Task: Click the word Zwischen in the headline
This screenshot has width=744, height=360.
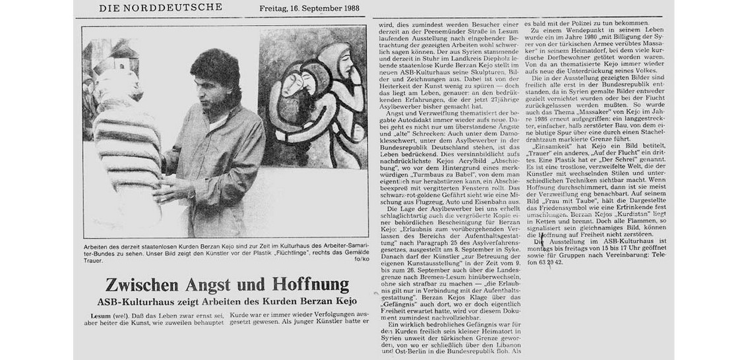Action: (141, 285)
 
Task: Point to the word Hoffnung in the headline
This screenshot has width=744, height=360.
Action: (305, 285)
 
